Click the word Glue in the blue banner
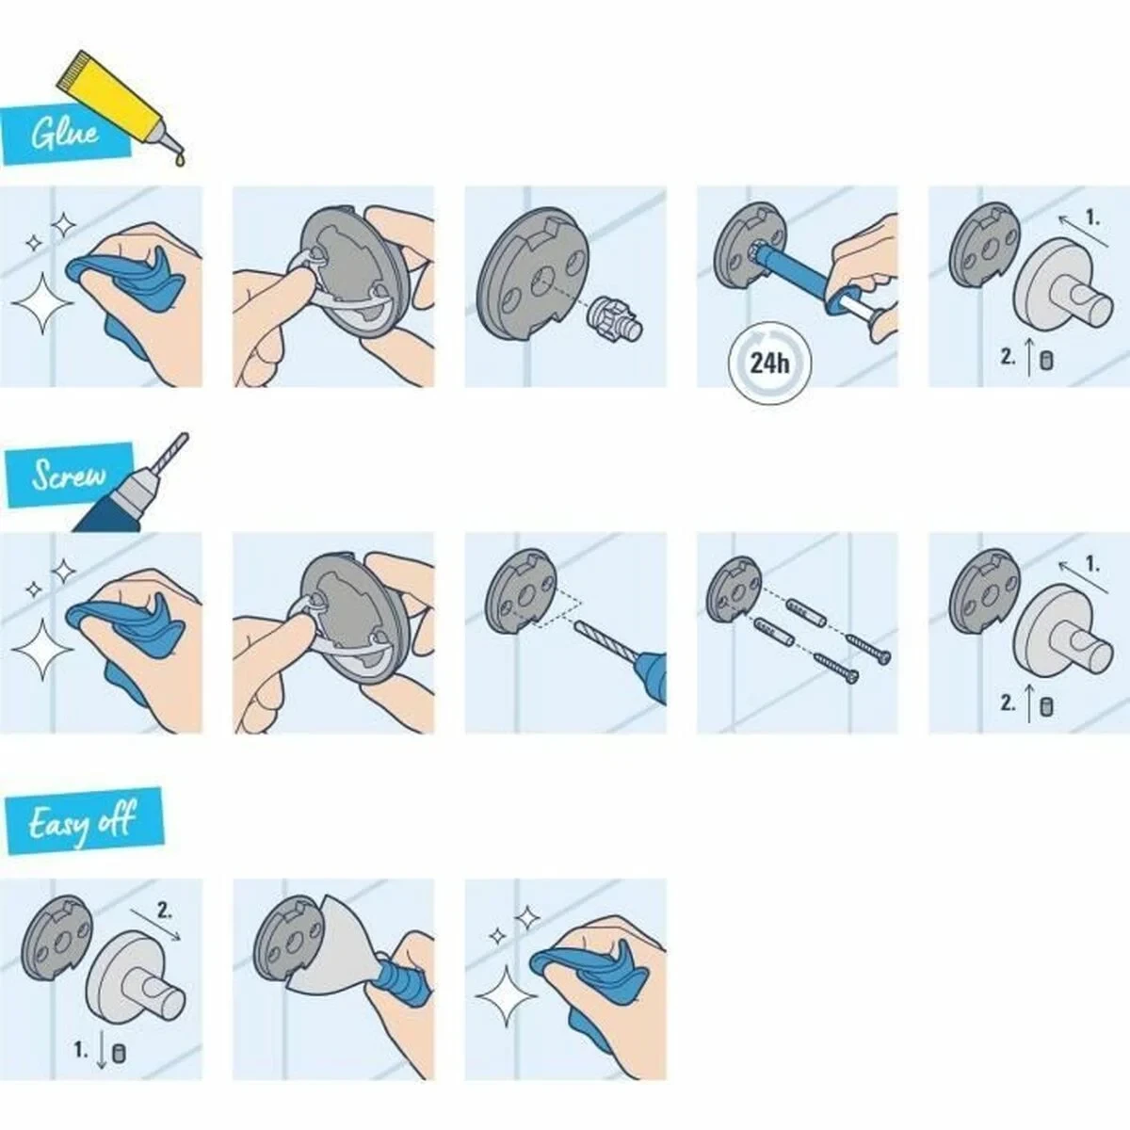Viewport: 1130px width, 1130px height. click(x=64, y=134)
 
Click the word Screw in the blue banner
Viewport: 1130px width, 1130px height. click(x=68, y=475)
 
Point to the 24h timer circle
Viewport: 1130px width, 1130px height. click(x=769, y=362)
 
